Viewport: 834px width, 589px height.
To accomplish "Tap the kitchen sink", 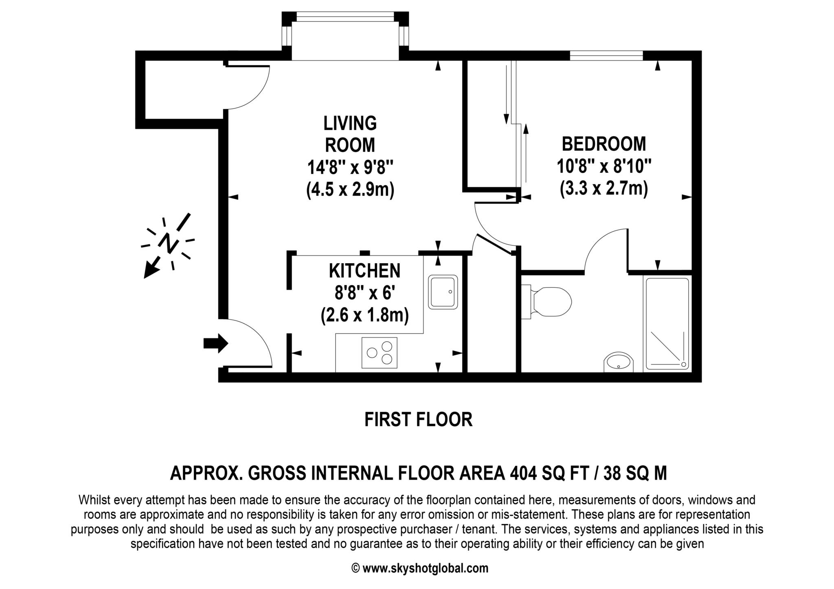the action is pyautogui.click(x=443, y=292).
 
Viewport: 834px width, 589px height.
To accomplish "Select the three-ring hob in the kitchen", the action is pyautogui.click(x=379, y=353).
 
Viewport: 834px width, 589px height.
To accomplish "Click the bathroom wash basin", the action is pyautogui.click(x=619, y=362).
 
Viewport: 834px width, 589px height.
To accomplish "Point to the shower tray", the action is pyautogui.click(x=667, y=323).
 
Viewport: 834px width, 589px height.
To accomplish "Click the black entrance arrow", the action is pyautogui.click(x=216, y=343).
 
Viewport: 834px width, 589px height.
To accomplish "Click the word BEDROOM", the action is pyautogui.click(x=604, y=144).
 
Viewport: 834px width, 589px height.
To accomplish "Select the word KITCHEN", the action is pyautogui.click(x=364, y=271).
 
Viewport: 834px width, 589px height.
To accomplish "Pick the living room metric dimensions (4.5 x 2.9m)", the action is pyautogui.click(x=350, y=190).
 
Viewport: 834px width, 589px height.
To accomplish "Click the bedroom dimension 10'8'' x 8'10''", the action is pyautogui.click(x=604, y=166).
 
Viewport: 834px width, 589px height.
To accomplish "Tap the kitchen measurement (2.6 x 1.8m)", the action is pyautogui.click(x=364, y=315).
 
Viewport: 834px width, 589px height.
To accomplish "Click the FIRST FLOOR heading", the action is pyautogui.click(x=418, y=419).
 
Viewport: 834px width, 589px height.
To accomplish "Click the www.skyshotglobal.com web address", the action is pyautogui.click(x=425, y=568).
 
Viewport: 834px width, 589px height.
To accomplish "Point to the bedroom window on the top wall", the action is pyautogui.click(x=606, y=56).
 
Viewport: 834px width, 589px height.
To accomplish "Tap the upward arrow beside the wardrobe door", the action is pyautogui.click(x=526, y=153).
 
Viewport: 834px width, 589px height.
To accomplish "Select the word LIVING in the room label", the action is pyautogui.click(x=350, y=123).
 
